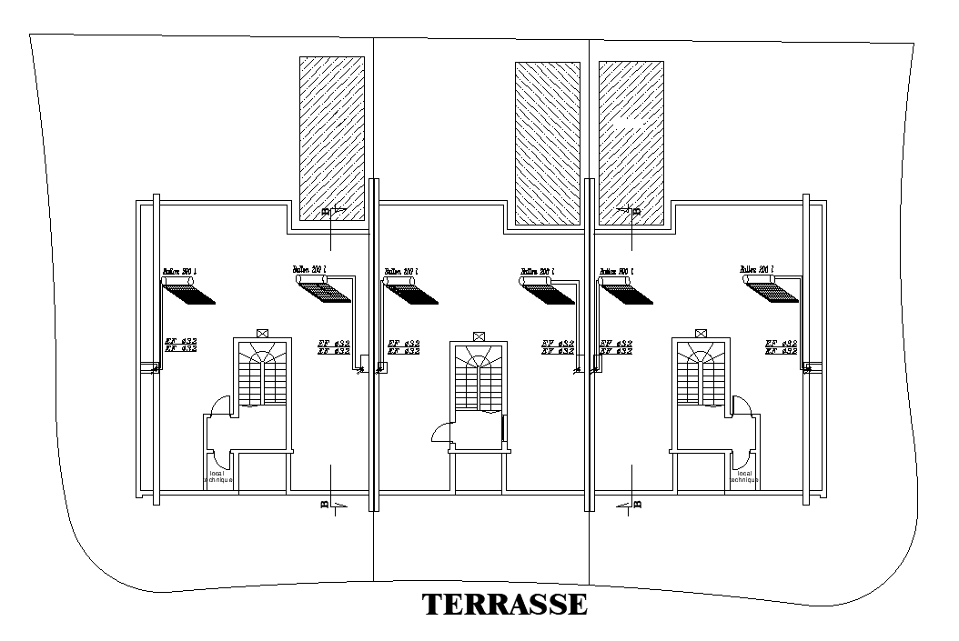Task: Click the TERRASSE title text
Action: tap(504, 605)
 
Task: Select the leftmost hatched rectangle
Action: tap(332, 136)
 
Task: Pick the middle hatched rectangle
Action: tap(547, 143)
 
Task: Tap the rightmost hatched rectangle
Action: tap(631, 143)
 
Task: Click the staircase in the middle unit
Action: tap(478, 381)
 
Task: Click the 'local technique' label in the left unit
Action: tap(218, 476)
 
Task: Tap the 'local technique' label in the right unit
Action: tap(744, 476)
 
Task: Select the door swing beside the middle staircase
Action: tap(439, 434)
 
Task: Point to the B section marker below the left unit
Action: tap(326, 503)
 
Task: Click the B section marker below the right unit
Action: tap(634, 504)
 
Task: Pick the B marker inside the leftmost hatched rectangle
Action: tap(327, 211)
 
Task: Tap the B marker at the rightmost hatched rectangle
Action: tap(634, 211)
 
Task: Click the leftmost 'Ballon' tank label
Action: tap(179, 271)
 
